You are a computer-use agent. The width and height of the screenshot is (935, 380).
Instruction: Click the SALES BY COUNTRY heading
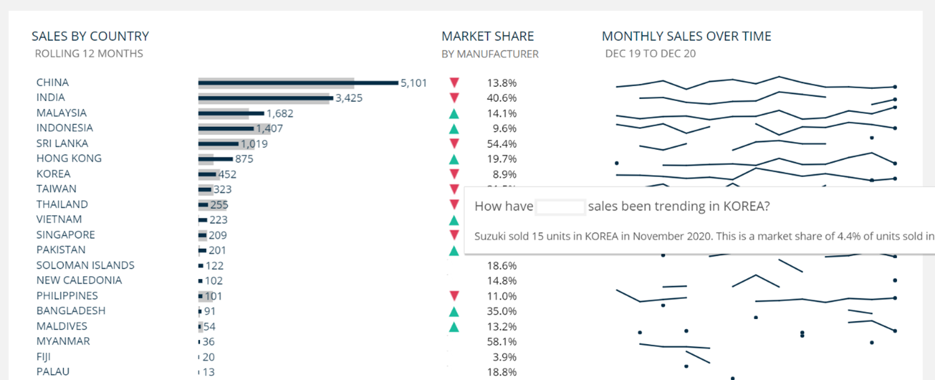click(90, 37)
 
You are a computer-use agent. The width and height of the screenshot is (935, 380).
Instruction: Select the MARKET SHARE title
click(488, 37)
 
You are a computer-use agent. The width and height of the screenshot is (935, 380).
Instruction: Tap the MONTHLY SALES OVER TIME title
click(686, 37)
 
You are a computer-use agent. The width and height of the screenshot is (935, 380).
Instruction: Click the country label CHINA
click(53, 83)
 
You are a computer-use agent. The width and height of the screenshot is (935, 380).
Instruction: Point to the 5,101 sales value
click(414, 83)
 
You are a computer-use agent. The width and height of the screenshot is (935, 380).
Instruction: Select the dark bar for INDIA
click(264, 98)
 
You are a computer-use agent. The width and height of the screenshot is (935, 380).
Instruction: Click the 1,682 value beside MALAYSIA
click(280, 113)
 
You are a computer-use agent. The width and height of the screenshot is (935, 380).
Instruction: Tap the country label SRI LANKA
click(62, 143)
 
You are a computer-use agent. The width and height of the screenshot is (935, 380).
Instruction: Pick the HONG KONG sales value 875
click(243, 159)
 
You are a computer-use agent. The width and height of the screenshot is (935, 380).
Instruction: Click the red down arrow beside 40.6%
click(454, 98)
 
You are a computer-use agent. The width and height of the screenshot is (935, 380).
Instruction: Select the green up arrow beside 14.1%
click(454, 113)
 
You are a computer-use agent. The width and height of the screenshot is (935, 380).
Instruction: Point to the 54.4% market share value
click(502, 144)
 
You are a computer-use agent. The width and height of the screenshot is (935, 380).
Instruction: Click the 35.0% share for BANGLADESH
click(502, 311)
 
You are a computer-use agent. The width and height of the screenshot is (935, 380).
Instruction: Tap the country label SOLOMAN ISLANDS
click(85, 265)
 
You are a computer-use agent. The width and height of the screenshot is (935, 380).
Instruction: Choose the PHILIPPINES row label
click(67, 296)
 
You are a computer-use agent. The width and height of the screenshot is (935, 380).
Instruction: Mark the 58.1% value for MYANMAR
click(502, 342)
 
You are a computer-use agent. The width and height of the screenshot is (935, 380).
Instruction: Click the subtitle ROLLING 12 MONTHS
click(89, 54)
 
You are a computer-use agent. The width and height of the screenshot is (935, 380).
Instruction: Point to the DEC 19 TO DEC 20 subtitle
click(650, 54)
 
